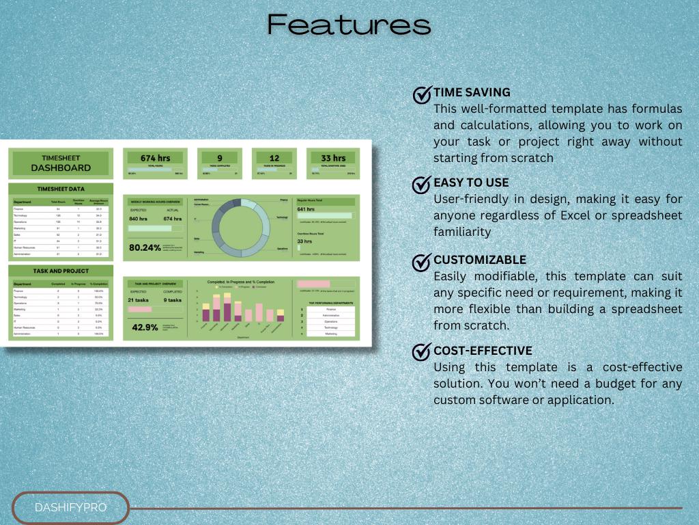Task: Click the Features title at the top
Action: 349,25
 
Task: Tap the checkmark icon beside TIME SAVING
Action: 423,94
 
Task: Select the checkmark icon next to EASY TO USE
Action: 423,185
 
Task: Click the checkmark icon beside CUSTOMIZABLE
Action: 423,262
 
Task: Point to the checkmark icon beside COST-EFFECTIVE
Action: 423,352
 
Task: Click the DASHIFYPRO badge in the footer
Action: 71,508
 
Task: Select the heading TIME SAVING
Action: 472,92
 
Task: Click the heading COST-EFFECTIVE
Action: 483,351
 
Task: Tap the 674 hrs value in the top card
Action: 156,159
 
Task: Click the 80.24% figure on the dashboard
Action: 145,247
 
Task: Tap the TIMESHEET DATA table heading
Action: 61,188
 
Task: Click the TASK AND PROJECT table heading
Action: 61,271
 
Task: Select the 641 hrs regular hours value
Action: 306,209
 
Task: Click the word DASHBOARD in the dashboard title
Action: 61,167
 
